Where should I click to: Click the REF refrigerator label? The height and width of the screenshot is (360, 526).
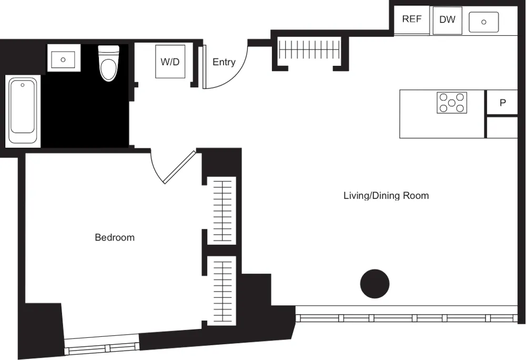412,19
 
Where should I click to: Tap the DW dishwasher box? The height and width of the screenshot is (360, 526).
447,20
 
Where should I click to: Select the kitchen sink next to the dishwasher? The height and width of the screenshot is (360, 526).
483,22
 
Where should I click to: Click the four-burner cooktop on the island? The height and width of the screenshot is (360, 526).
452,102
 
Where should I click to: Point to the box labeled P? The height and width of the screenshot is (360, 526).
502,103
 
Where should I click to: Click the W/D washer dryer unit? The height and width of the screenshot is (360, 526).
170,62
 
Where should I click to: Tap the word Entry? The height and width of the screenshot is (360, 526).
224,62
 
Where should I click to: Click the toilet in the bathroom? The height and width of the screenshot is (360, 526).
109,64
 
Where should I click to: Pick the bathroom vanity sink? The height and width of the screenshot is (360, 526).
63,58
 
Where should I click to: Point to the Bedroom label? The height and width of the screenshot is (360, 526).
115,237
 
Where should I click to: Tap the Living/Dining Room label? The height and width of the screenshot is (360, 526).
386,196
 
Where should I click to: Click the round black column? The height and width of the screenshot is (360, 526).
375,284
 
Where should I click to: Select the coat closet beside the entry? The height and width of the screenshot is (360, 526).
309,51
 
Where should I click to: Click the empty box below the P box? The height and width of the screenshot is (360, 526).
502,127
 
